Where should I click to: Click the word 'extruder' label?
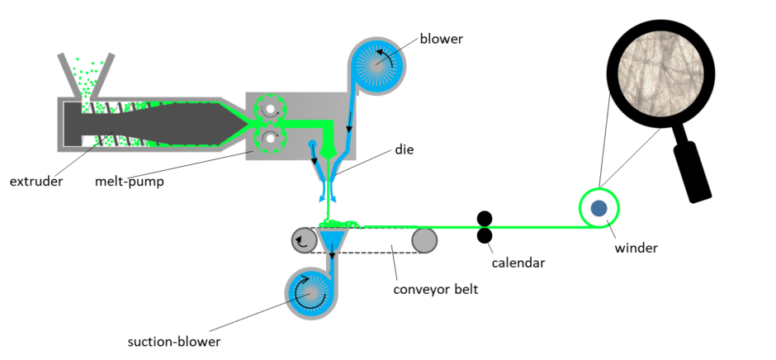pyautogui.click(x=36, y=181)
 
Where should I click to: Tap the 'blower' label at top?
pyautogui.click(x=442, y=39)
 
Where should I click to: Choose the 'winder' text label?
pyautogui.click(x=636, y=246)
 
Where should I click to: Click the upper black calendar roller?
pyautogui.click(x=485, y=219)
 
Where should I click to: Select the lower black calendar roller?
pyautogui.click(x=485, y=236)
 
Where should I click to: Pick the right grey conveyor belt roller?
pyautogui.click(x=425, y=240)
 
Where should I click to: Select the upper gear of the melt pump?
pyautogui.click(x=270, y=108)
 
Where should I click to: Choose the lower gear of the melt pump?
pyautogui.click(x=270, y=139)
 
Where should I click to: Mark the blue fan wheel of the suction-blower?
pyautogui.click(x=312, y=291)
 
